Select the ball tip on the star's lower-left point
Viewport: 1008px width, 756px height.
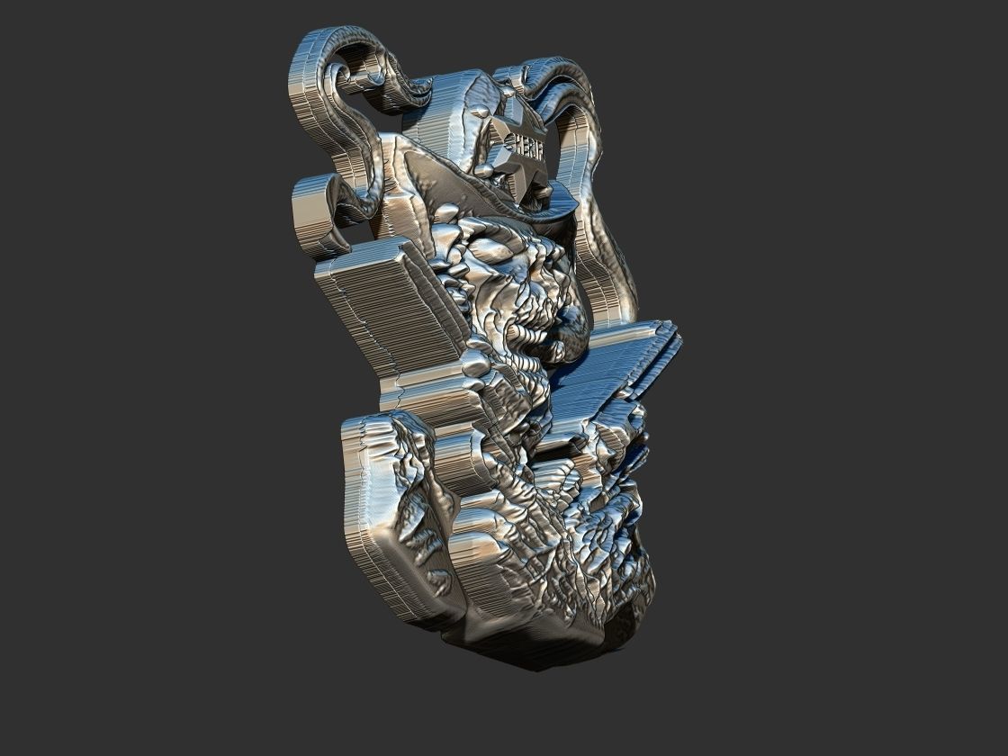tap(485, 169)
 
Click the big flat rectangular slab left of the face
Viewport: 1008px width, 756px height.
tap(382, 310)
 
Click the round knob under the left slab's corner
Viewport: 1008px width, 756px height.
tap(474, 363)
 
